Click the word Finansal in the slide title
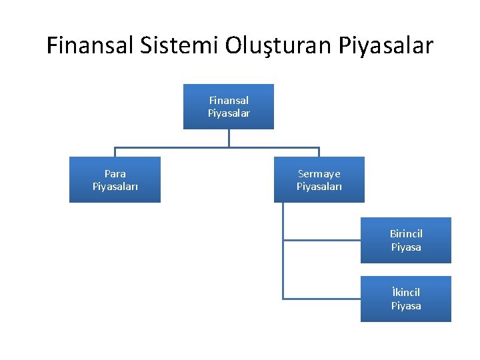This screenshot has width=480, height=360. [91, 45]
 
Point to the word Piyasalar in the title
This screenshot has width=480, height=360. [386, 45]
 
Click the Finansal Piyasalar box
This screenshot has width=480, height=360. [229, 107]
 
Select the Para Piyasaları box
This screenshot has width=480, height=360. [115, 179]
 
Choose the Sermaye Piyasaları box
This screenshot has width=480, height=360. [319, 179]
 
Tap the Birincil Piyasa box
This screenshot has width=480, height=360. [405, 240]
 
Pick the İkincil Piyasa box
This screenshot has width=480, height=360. [405, 299]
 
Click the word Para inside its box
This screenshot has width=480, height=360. [115, 173]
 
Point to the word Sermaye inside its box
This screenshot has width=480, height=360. [319, 173]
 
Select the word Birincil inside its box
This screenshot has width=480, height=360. [406, 234]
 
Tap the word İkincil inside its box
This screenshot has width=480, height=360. [406, 293]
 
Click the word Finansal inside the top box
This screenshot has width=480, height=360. [229, 100]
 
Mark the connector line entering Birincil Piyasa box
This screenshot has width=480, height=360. [321, 239]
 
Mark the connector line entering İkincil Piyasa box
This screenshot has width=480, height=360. [321, 298]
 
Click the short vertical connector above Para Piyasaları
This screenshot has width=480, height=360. [115, 152]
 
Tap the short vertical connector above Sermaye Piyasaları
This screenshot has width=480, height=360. [319, 152]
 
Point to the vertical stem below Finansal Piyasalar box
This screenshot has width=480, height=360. [229, 137]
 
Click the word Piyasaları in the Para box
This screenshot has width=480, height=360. [115, 186]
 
